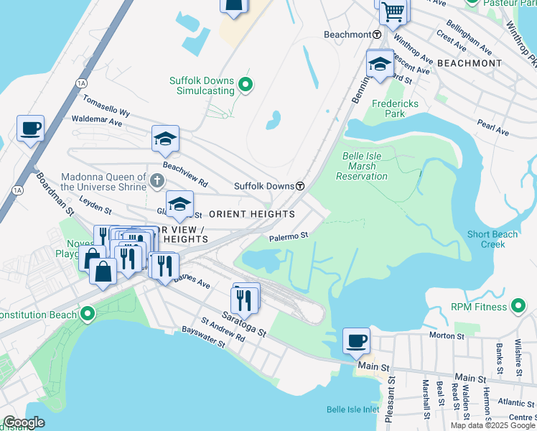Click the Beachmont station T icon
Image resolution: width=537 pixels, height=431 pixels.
point(376,34)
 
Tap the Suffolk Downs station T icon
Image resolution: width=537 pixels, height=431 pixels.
point(299,186)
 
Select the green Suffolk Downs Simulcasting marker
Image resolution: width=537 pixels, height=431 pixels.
point(246,85)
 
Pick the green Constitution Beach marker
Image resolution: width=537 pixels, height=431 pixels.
point(88,315)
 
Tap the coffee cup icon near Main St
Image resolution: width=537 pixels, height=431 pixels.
point(355,340)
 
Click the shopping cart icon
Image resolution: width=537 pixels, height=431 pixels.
point(393,11)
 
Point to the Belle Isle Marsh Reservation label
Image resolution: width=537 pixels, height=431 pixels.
point(363,166)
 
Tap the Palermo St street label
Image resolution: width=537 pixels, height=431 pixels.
point(289,235)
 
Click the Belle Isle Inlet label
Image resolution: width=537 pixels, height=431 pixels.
point(352,409)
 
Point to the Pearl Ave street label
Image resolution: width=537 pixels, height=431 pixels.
point(492,129)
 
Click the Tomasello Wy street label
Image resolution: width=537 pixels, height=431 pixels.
point(106,107)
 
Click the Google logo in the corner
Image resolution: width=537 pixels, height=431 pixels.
point(23,423)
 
